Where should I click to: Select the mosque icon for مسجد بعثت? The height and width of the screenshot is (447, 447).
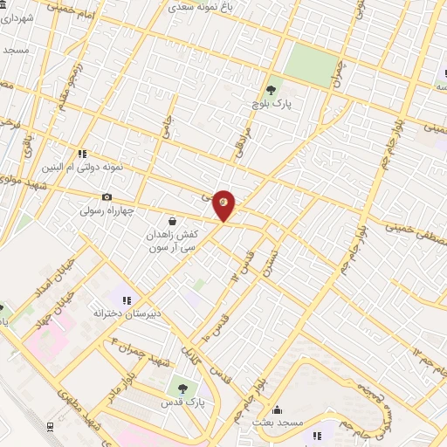coord(278,409)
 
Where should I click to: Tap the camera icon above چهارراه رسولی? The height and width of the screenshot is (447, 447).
coord(107,197)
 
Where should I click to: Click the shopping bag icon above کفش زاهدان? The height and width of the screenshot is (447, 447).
coord(173,222)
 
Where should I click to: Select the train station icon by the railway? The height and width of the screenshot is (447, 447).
coord(51,426)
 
